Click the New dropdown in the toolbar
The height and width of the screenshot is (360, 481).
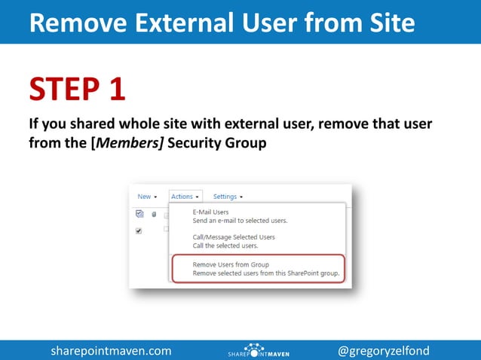click(147, 197)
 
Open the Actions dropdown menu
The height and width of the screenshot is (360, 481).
click(185, 197)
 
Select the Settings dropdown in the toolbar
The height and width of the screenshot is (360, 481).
click(228, 197)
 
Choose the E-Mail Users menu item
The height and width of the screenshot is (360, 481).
click(210, 212)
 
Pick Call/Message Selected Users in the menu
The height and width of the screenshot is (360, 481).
click(234, 237)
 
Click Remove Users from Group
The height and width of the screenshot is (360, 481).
click(231, 265)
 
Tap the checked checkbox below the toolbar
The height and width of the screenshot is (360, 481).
click(139, 231)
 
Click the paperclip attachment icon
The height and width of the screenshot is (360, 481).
click(153, 215)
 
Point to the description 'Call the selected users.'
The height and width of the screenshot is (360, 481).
click(225, 246)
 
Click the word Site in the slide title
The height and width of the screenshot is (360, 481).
click(386, 23)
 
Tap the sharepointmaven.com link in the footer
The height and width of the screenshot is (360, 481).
click(111, 351)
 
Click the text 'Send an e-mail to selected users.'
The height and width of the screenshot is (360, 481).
click(240, 221)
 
